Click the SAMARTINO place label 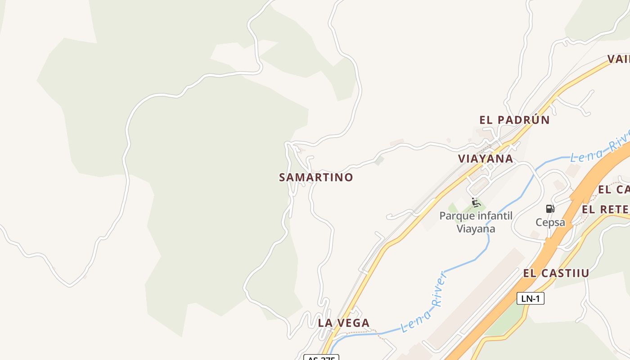316,177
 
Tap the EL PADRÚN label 514,120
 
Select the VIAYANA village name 486,158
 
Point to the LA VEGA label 344,323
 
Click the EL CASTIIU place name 556,273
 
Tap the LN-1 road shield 530,298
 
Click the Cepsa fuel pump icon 550,209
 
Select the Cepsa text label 550,222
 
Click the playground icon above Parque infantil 476,202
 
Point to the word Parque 457,216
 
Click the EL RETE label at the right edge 606,209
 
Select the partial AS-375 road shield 321,357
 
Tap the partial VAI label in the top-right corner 619,59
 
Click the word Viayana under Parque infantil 476,229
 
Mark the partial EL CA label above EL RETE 613,189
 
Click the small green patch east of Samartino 380,160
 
